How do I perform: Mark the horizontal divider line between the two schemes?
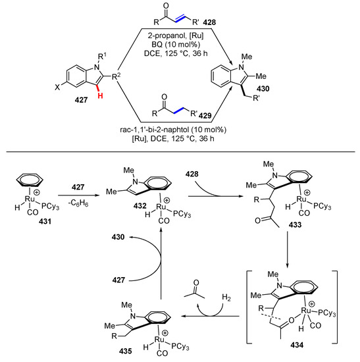[x=180, y=172]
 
